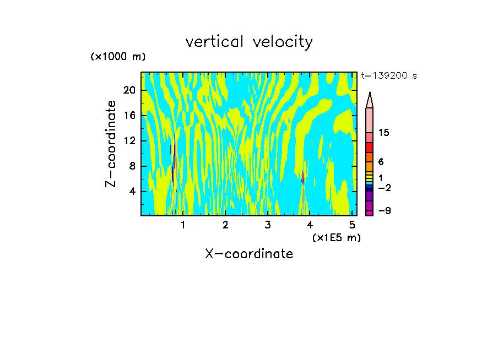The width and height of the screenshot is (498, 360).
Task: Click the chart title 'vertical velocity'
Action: click(249, 42)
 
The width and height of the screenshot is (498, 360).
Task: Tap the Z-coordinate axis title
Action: click(111, 144)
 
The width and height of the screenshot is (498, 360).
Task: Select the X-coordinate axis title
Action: click(249, 254)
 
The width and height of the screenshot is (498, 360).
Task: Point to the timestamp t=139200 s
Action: click(389, 76)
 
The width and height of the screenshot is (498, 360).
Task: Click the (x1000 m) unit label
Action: click(118, 57)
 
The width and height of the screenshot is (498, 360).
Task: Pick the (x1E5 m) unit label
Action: click(336, 237)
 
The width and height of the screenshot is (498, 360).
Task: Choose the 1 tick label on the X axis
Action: click(183, 225)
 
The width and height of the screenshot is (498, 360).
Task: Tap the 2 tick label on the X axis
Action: click(225, 225)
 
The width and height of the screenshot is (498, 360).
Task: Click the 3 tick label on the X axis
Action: click(268, 225)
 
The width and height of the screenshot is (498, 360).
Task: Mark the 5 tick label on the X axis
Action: click(352, 225)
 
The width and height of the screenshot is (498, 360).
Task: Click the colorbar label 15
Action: click(384, 133)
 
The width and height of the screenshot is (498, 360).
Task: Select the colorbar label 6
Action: click(381, 162)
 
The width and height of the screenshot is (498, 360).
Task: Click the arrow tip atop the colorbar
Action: click(370, 94)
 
